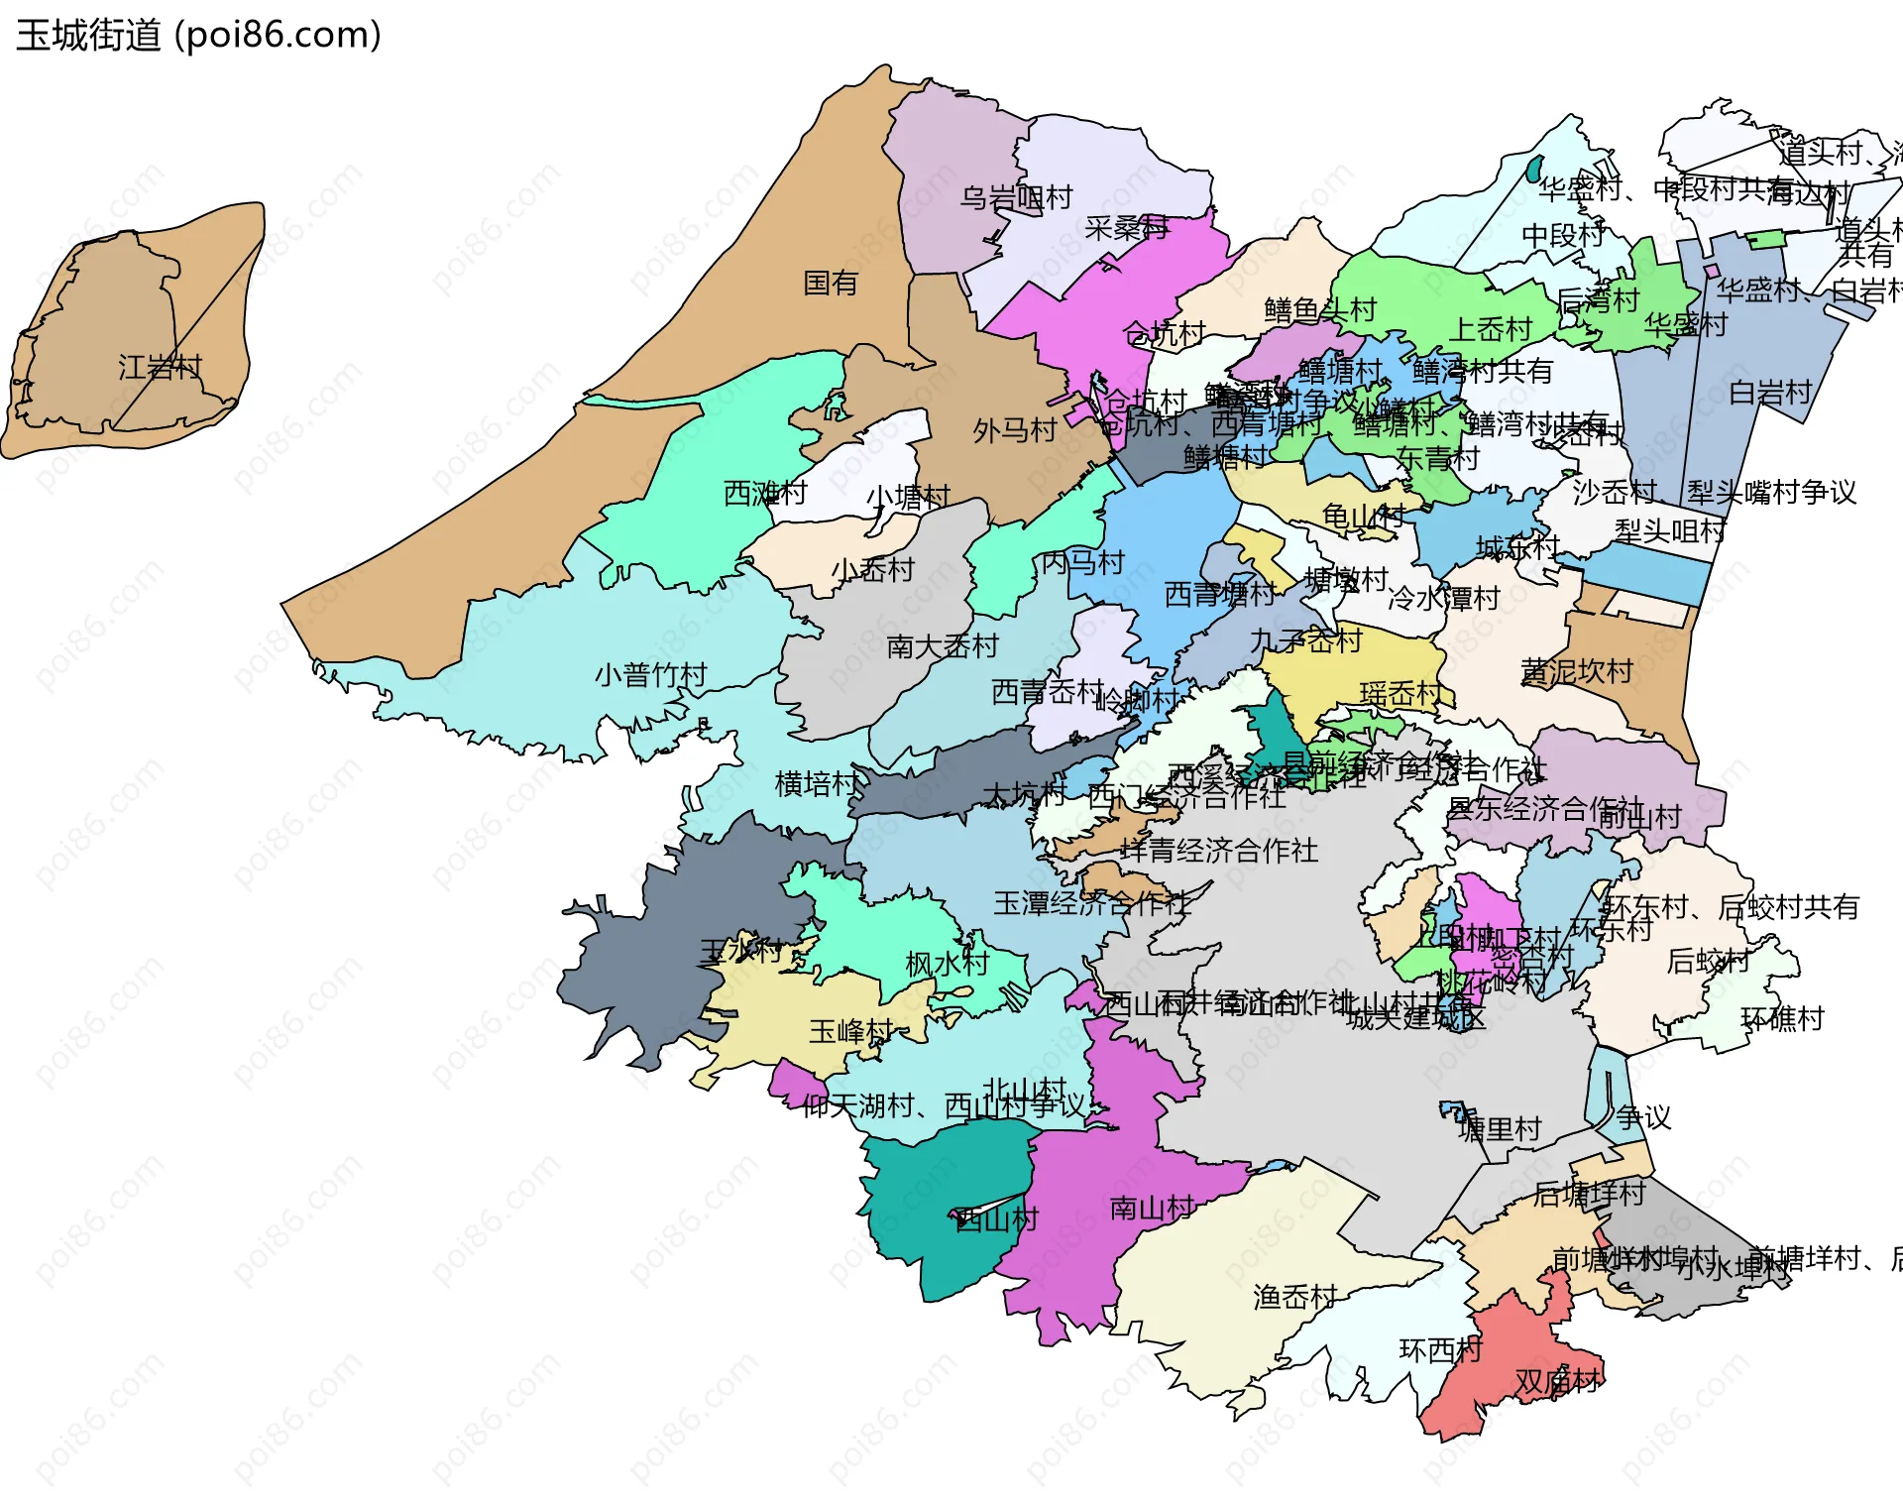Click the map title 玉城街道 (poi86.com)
pyautogui.click(x=198, y=36)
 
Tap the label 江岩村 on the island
pyautogui.click(x=160, y=368)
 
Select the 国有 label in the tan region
pyautogui.click(x=830, y=284)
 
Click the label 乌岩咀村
pyautogui.click(x=1016, y=198)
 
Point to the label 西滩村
pyautogui.click(x=765, y=493)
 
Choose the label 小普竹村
pyautogui.click(x=650, y=675)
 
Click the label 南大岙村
pyautogui.click(x=942, y=646)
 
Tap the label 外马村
pyautogui.click(x=1014, y=430)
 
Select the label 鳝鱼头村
pyautogui.click(x=1320, y=310)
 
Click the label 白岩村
pyautogui.click(x=1770, y=393)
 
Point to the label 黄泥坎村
pyautogui.click(x=1576, y=671)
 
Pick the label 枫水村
pyautogui.click(x=947, y=963)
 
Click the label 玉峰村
pyautogui.click(x=851, y=1031)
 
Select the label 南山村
pyautogui.click(x=1151, y=1208)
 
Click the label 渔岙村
pyautogui.click(x=1294, y=1296)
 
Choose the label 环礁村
pyautogui.click(x=1781, y=1018)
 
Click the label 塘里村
pyautogui.click(x=1500, y=1128)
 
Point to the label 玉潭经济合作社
pyautogui.click(x=1091, y=902)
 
